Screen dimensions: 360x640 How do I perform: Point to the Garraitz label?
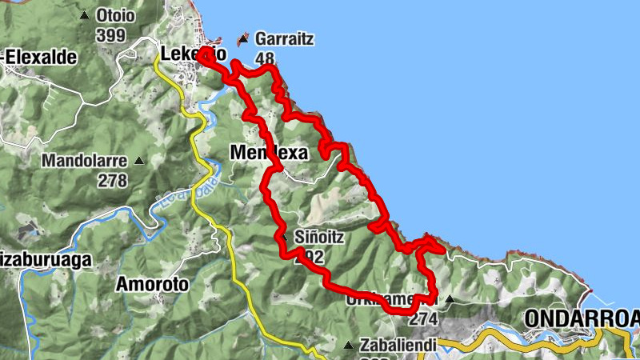(284, 38)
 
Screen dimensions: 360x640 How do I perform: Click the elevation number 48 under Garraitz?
(265, 58)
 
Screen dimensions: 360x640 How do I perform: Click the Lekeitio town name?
(192, 54)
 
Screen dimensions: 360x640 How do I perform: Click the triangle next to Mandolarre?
(139, 160)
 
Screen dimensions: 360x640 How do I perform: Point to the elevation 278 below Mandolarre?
(113, 180)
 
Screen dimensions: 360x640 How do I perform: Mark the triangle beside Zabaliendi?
(348, 345)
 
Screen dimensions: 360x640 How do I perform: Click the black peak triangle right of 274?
(449, 300)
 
